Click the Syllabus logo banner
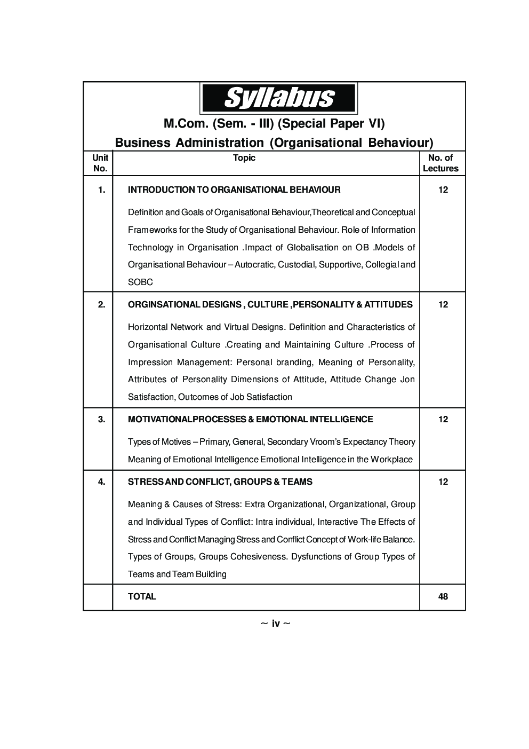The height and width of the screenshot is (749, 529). point(278,98)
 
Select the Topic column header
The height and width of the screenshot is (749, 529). point(244,158)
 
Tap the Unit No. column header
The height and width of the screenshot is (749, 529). point(100,163)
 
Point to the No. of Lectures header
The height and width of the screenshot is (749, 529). point(440,163)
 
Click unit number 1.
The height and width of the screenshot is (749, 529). point(101,190)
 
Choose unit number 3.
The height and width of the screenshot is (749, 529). point(101,419)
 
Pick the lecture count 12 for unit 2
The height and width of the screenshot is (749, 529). point(443,304)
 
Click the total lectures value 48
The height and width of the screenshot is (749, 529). point(443,596)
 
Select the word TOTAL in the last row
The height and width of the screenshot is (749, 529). point(142,596)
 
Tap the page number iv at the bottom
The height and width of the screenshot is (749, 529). point(276,623)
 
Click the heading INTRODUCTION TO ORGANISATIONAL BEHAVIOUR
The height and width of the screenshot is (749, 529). point(234,190)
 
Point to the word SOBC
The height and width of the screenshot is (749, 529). point(140,282)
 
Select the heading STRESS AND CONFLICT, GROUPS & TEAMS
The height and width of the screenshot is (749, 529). point(220,482)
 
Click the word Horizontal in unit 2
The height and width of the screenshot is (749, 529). point(147,327)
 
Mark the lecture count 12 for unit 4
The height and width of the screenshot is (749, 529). point(443,482)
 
